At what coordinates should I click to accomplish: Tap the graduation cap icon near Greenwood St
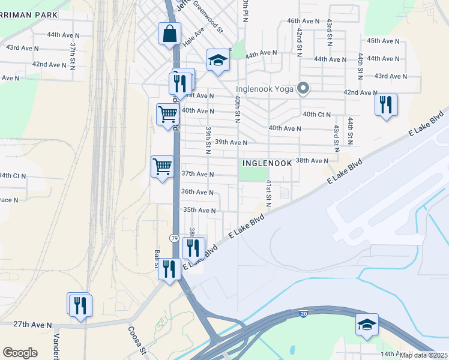pyautogui.click(x=218, y=60)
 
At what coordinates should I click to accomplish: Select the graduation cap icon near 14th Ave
pyautogui.click(x=367, y=325)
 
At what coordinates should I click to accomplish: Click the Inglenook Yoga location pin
pyautogui.click(x=304, y=89)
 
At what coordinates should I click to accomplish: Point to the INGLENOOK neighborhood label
pyautogui.click(x=267, y=163)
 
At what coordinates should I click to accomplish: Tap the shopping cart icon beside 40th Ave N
pyautogui.click(x=167, y=113)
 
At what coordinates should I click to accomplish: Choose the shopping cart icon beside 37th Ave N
pyautogui.click(x=162, y=166)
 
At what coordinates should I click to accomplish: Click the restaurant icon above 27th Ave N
pyautogui.click(x=79, y=305)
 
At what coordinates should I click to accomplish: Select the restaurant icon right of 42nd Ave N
pyautogui.click(x=386, y=105)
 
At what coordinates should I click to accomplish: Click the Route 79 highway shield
pyautogui.click(x=173, y=238)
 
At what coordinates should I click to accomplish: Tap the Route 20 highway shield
pyautogui.click(x=303, y=313)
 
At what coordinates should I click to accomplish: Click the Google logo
pyautogui.click(x=20, y=353)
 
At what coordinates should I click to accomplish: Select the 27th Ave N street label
pyautogui.click(x=32, y=324)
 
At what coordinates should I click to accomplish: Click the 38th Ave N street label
pyautogui.click(x=312, y=161)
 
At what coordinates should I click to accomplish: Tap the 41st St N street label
pyautogui.click(x=269, y=193)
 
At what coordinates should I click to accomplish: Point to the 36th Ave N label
pyautogui.click(x=197, y=192)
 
